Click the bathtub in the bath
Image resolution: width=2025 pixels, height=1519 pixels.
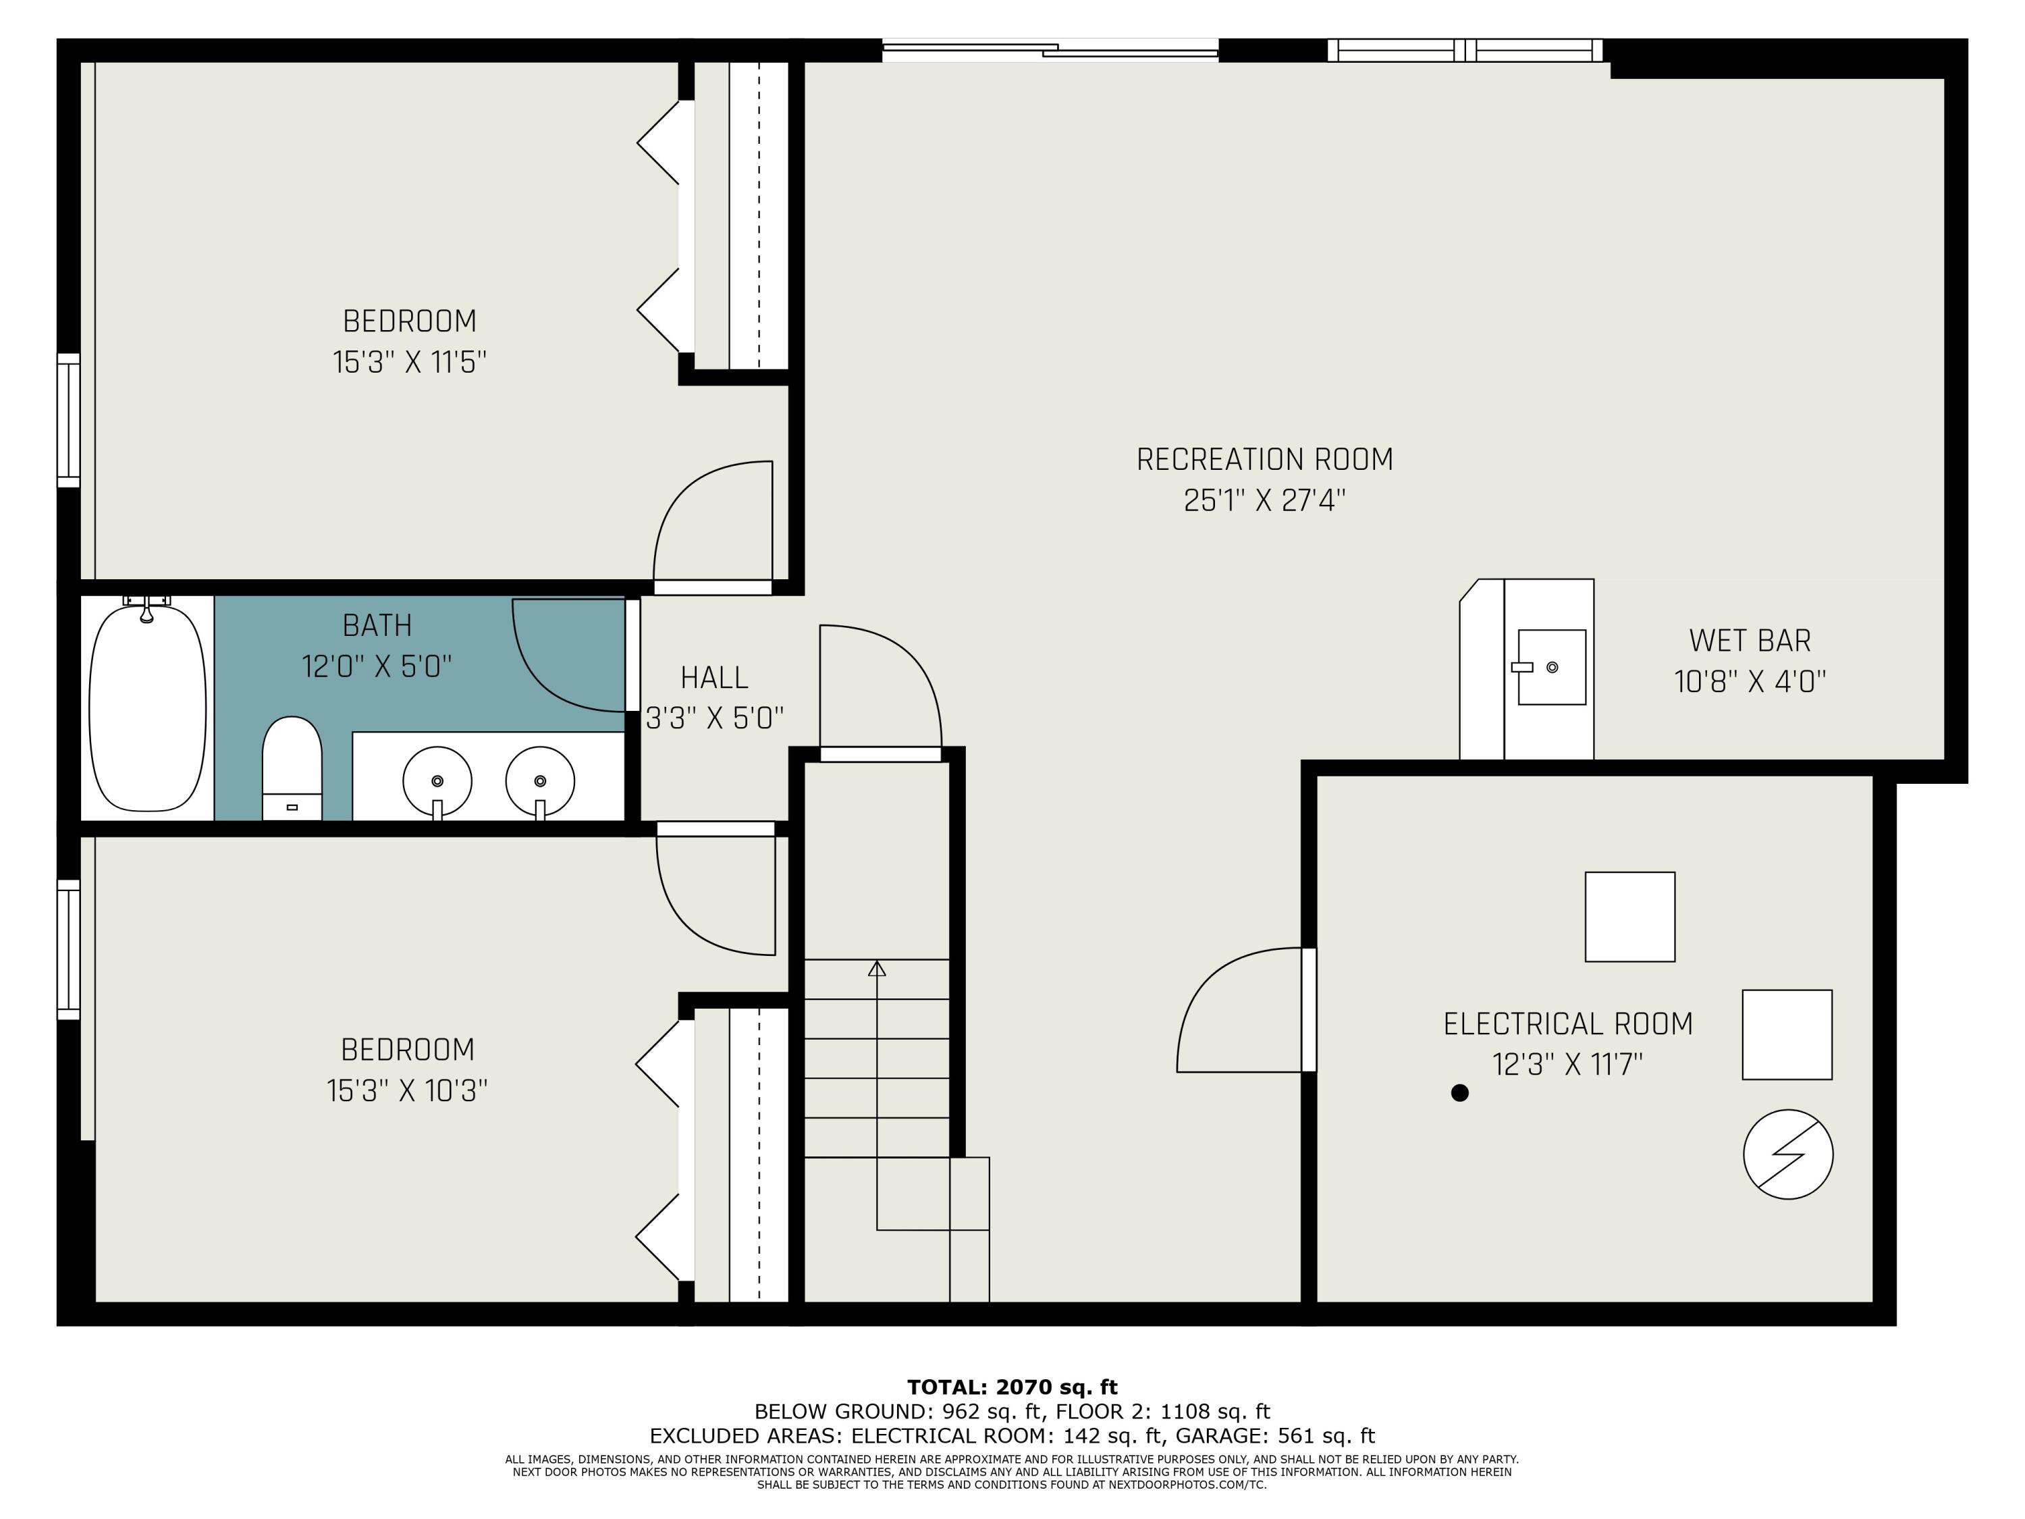point(147,707)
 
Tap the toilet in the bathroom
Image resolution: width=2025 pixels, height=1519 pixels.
point(292,768)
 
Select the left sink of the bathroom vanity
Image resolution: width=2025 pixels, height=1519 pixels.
point(437,782)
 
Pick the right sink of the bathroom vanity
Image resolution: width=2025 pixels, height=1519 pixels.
point(540,782)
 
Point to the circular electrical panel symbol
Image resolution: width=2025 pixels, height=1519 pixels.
point(1788,1154)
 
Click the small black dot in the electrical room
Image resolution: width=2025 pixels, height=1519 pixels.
point(1460,1092)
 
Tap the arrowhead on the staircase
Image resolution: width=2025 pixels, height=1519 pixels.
point(877,968)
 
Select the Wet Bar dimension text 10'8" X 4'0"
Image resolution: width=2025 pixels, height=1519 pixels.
point(1750,682)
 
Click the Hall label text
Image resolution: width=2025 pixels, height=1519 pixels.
point(714,678)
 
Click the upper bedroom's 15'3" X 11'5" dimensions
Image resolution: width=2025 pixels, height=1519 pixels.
point(409,363)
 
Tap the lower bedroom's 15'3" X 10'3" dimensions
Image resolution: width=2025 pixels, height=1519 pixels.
point(408,1090)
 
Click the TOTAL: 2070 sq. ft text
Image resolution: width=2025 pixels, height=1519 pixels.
point(1013,1387)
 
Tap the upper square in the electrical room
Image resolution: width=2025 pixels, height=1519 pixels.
point(1629,917)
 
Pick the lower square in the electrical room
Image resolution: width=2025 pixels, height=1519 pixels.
point(1787,1035)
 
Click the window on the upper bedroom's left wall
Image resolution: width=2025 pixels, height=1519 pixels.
point(69,421)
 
